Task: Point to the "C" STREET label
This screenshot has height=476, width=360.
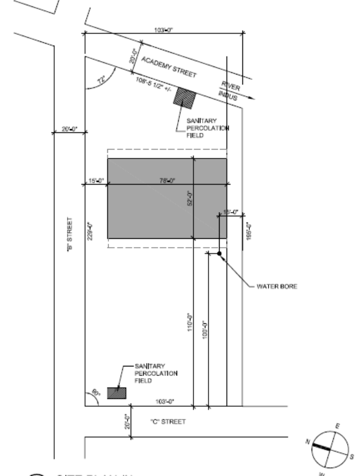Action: click(x=168, y=422)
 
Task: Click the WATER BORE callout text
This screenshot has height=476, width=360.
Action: click(x=277, y=287)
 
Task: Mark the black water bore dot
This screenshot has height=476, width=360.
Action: click(x=218, y=253)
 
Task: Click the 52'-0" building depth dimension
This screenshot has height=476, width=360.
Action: click(x=190, y=199)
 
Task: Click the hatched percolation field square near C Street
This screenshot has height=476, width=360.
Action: click(x=119, y=393)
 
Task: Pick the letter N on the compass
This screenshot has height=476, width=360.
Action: click(x=309, y=443)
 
